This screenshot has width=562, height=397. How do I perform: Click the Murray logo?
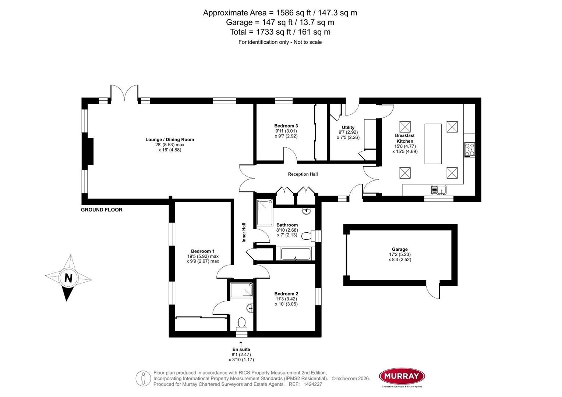pyautogui.click(x=402, y=376)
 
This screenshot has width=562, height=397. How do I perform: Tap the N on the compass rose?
pyautogui.click(x=68, y=278)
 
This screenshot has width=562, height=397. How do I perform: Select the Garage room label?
pyautogui.click(x=400, y=249)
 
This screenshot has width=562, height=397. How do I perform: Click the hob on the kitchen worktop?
pyautogui.click(x=470, y=150)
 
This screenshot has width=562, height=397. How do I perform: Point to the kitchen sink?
pyautogui.click(x=438, y=190)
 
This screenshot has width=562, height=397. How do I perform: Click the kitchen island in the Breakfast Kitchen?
pyautogui.click(x=433, y=144)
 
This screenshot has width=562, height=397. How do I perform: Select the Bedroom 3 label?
pyautogui.click(x=286, y=126)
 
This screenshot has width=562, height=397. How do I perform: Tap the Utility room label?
pyautogui.click(x=348, y=128)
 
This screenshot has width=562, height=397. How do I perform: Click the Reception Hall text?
pyautogui.click(x=303, y=174)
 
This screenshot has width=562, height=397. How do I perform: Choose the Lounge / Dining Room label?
pyautogui.click(x=170, y=140)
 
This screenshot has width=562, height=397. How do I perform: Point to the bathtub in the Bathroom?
pyautogui.click(x=296, y=254)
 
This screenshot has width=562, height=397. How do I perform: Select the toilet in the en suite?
pyautogui.click(x=241, y=323)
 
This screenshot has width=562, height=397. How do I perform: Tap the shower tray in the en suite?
pyautogui.click(x=242, y=290)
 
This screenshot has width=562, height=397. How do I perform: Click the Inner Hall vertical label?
pyautogui.click(x=244, y=232)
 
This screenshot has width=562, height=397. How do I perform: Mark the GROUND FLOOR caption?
pyautogui.click(x=102, y=210)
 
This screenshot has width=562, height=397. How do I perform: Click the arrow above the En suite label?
pyautogui.click(x=241, y=344)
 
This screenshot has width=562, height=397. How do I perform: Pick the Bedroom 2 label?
pyautogui.click(x=286, y=294)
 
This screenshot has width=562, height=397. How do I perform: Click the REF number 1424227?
pyautogui.click(x=312, y=384)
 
